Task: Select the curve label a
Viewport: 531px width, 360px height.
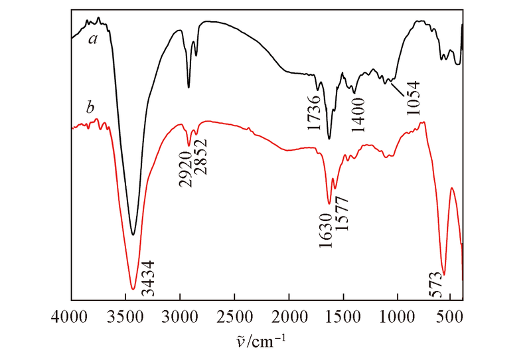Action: pos(94,39)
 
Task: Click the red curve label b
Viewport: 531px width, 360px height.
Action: pos(90,106)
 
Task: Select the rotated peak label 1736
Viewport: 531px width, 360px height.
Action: pos(315,112)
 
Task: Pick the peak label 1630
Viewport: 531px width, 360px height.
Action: pos(326,230)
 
